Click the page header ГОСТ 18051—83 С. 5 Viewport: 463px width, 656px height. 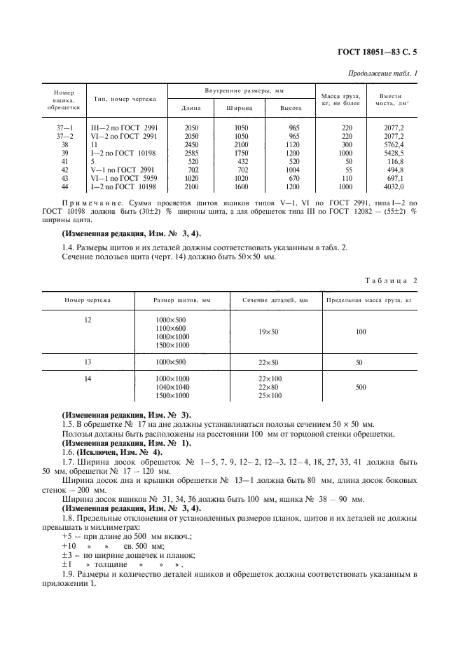point(378,51)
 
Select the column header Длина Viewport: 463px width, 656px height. point(191,108)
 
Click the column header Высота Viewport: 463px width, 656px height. point(291,108)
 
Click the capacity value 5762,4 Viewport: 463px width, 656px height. point(390,144)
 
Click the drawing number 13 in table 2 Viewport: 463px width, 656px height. point(88,362)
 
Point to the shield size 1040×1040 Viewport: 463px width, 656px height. point(172,387)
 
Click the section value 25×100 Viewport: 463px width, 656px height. point(270,395)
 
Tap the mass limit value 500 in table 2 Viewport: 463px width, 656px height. point(360,387)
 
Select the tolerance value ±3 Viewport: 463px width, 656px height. point(68,554)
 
